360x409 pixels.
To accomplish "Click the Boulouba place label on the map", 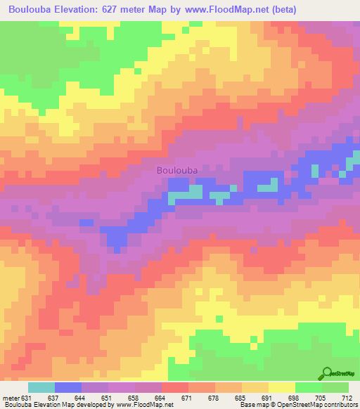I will [x=176, y=170].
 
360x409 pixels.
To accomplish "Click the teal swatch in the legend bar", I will [x=41, y=387].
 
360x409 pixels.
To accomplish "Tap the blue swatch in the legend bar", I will [x=67, y=387].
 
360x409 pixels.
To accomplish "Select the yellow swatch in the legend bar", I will [x=281, y=387].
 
